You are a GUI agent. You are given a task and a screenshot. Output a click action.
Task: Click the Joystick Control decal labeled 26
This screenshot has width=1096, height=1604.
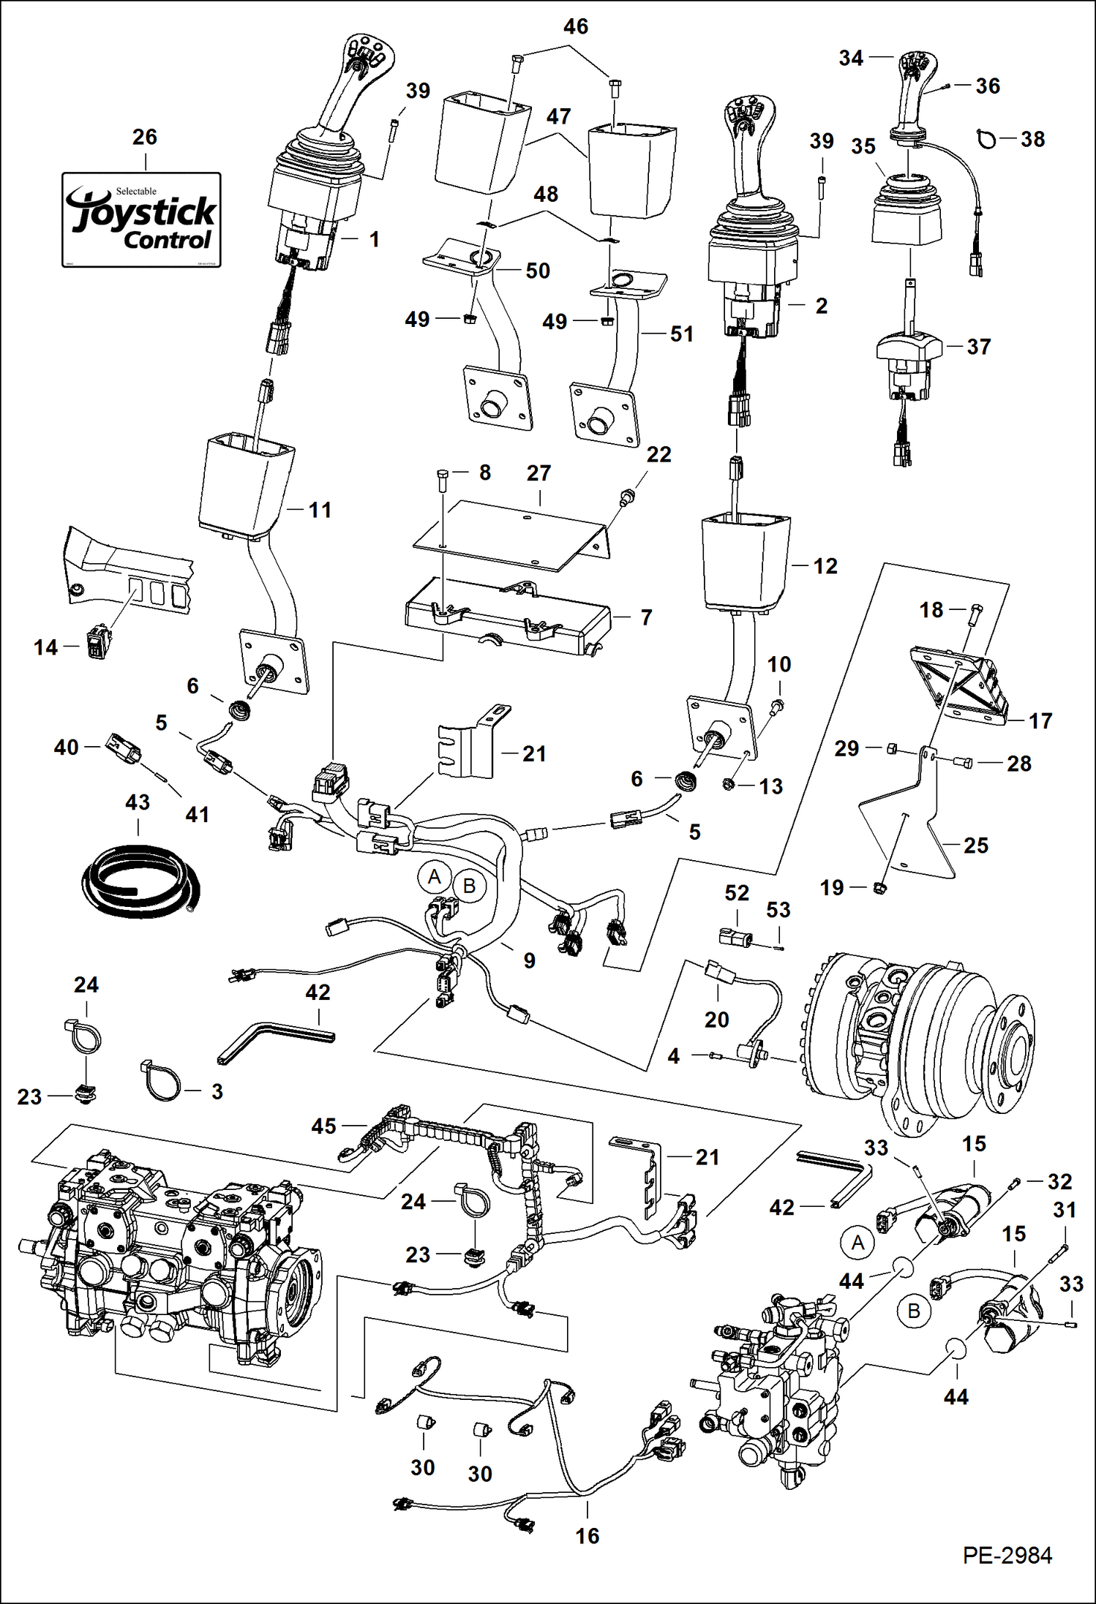click(x=141, y=219)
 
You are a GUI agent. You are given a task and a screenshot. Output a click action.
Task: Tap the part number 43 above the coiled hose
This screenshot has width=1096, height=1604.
click(x=138, y=802)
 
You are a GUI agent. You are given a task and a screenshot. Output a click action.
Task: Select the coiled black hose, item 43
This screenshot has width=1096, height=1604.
click(x=139, y=878)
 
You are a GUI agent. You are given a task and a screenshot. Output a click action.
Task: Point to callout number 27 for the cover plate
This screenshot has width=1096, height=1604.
click(x=538, y=473)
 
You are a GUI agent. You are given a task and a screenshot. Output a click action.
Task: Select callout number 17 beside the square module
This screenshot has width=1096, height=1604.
click(x=1040, y=721)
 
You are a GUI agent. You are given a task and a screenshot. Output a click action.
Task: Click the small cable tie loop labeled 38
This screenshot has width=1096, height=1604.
click(x=987, y=138)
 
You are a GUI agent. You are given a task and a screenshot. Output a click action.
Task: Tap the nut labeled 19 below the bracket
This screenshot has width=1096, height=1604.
click(x=881, y=889)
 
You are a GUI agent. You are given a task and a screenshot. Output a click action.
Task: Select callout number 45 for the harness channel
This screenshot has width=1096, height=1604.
click(x=323, y=1126)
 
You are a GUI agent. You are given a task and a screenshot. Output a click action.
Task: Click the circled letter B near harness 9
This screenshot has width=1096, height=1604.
click(x=469, y=886)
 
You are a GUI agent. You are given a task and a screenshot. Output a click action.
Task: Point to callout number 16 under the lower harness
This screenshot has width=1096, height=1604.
click(x=588, y=1536)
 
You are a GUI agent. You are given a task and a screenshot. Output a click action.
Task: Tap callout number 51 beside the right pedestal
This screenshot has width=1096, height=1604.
click(x=681, y=334)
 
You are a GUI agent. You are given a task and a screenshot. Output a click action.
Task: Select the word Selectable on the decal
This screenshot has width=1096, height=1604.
click(x=136, y=192)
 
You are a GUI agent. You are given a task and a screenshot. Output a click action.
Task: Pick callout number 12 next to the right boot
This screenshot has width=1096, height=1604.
click(x=825, y=566)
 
